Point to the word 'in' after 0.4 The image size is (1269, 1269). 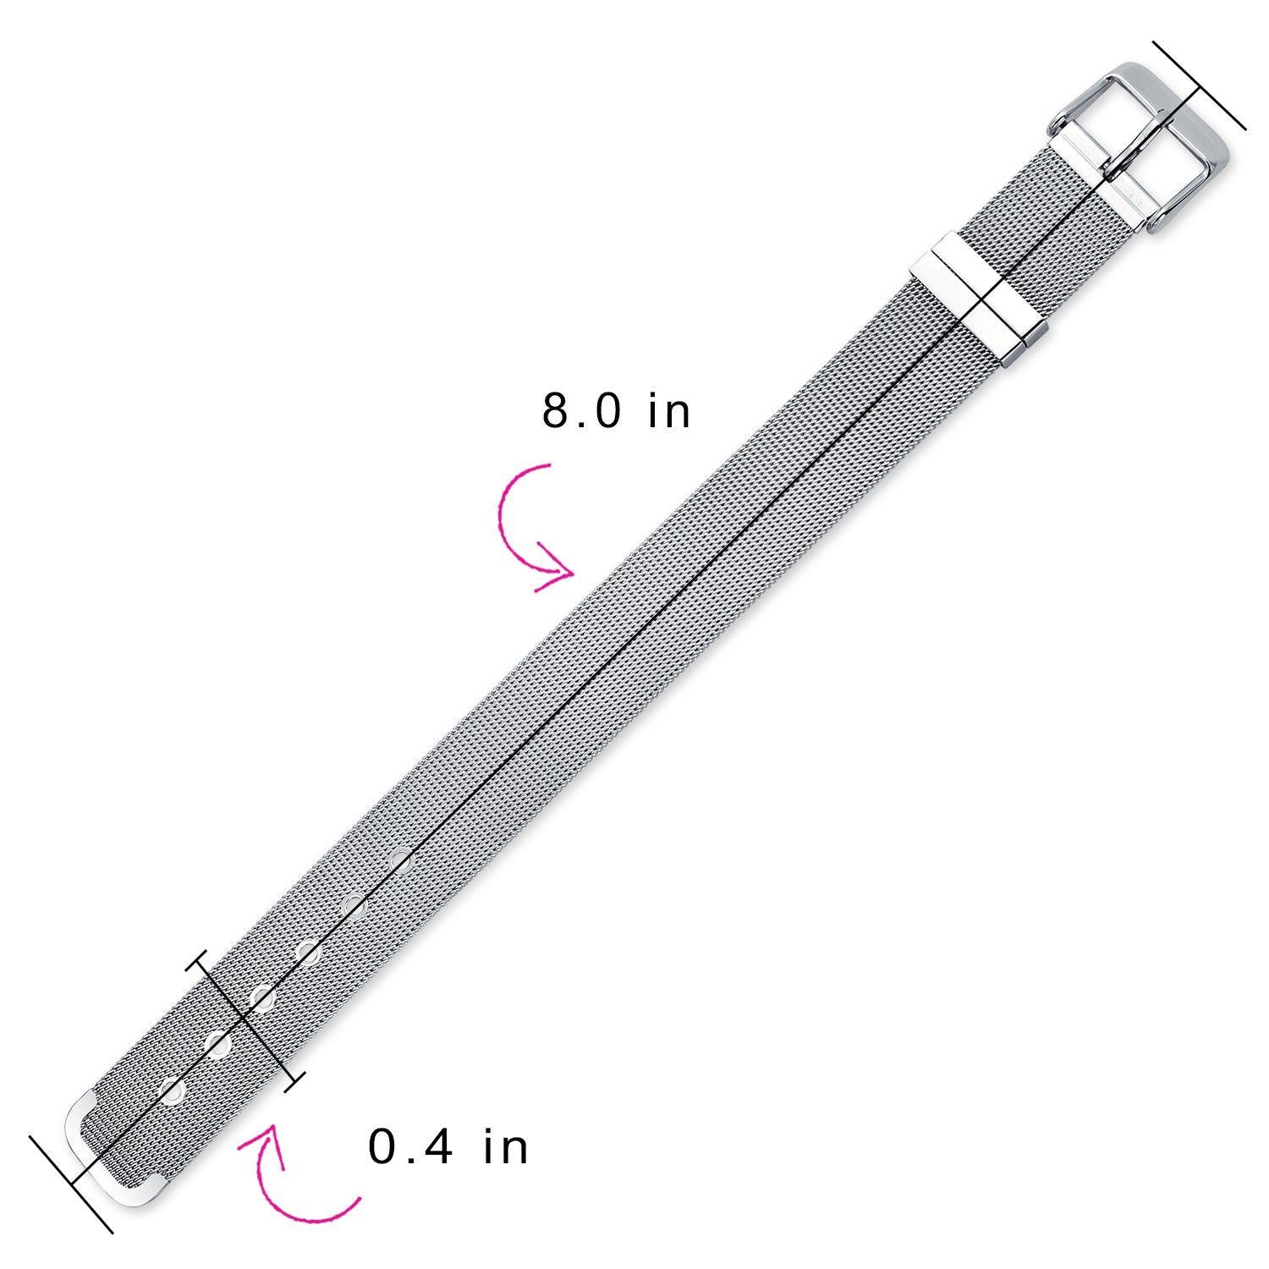click(506, 1147)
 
